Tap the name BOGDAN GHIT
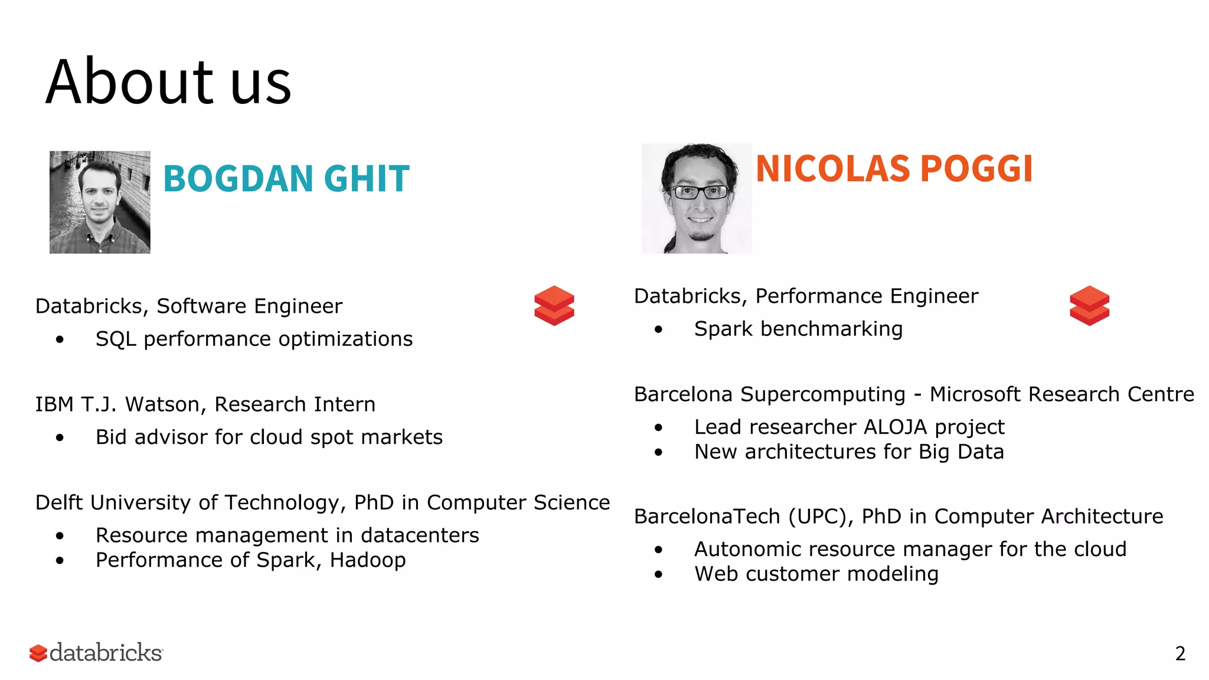286,178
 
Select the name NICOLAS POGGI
894,169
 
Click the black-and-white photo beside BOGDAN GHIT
100,202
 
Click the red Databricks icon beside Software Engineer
554,305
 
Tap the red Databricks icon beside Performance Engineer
1089,305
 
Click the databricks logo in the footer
96,653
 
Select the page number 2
1180,653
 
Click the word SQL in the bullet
116,339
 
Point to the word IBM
54,404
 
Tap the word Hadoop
368,560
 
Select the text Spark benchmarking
798,329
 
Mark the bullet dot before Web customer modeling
659,574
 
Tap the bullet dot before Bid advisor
60,437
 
